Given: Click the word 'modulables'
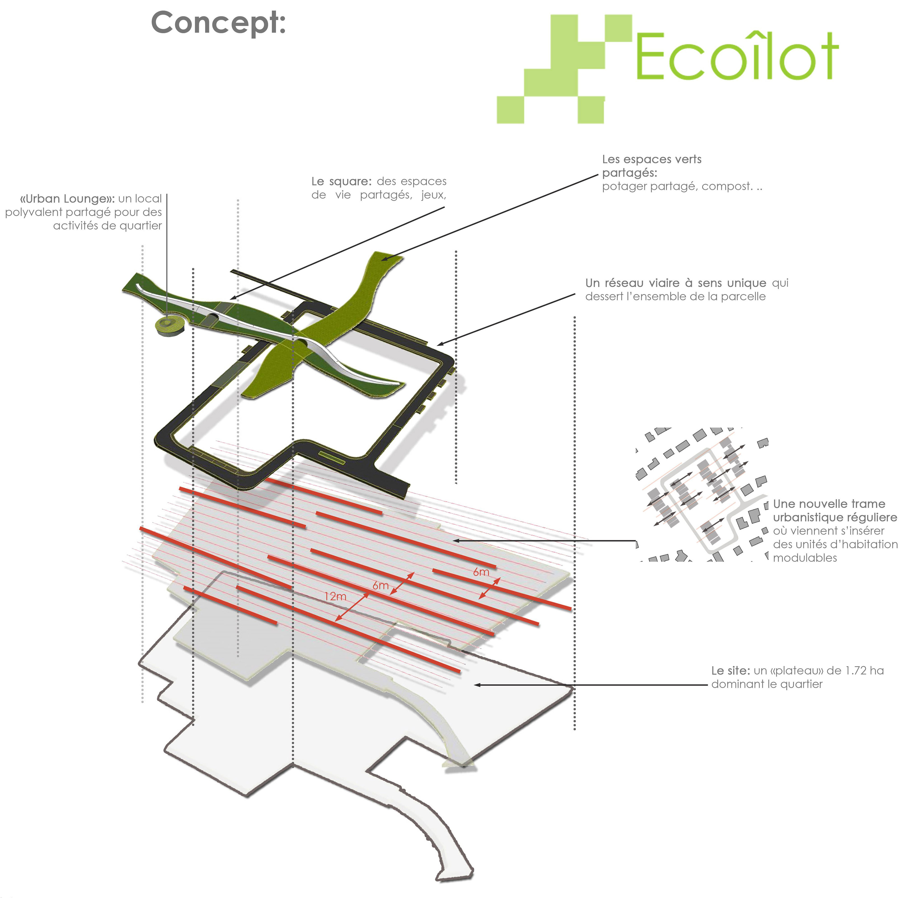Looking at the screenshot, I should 805,558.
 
